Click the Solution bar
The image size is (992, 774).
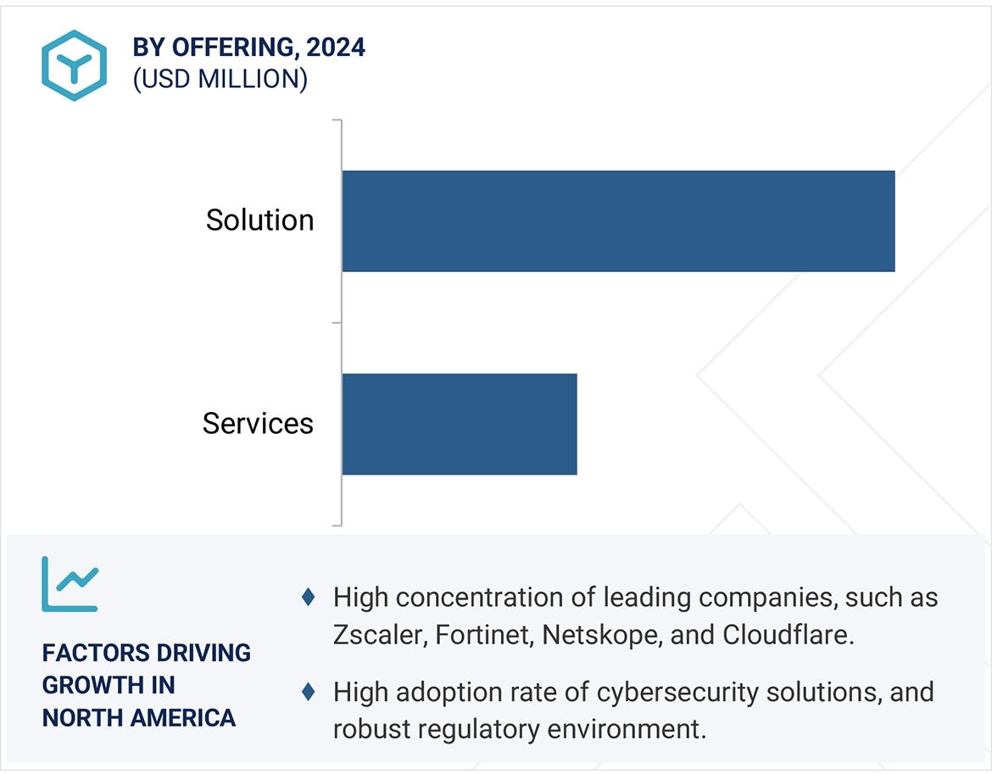point(618,221)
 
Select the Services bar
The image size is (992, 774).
point(459,424)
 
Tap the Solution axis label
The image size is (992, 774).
point(259,220)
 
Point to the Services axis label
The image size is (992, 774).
point(258,423)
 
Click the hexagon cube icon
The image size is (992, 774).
point(74,65)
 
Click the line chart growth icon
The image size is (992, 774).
point(70,584)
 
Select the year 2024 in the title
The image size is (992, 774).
point(336,47)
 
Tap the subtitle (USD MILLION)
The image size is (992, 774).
point(220,79)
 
